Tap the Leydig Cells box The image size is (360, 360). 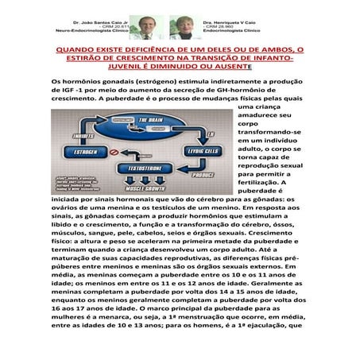pyautogui.click(x=203, y=150)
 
